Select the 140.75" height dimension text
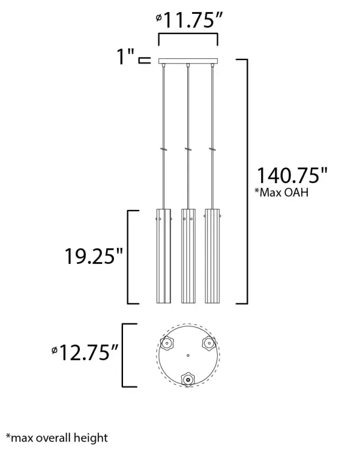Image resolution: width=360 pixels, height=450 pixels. [292, 176]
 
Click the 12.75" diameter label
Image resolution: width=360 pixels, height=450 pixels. [83, 353]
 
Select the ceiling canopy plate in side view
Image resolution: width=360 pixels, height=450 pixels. [188, 61]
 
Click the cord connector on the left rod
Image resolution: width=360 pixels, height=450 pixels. [163, 149]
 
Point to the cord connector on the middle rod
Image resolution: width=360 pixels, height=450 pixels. [188, 149]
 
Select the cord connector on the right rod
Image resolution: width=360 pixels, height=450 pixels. [212, 149]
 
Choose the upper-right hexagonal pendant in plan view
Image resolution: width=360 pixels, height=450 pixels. [209, 343]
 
